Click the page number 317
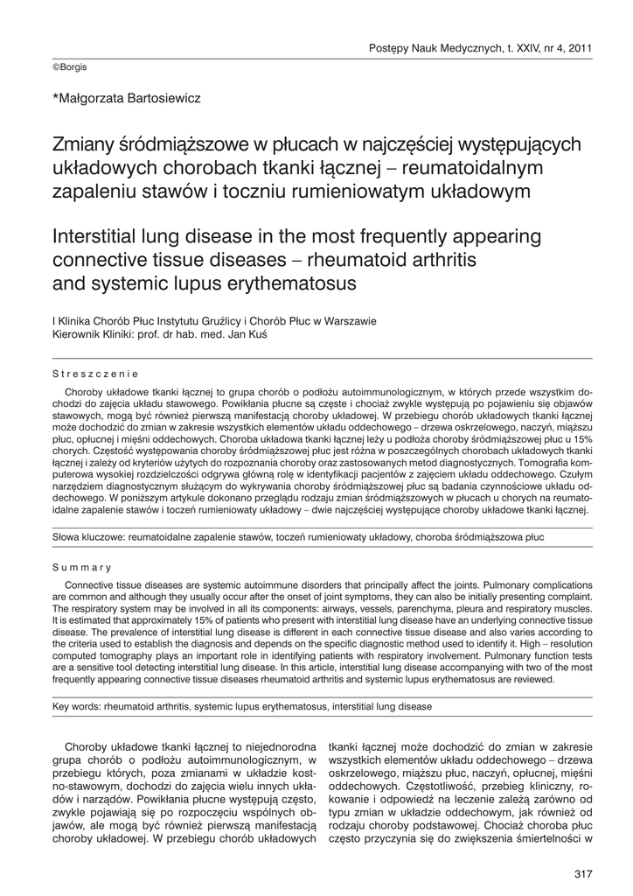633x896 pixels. pos(583,874)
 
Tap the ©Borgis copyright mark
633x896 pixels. pos(70,66)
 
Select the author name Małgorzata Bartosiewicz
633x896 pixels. pos(128,98)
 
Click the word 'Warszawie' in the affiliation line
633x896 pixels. pos(350,321)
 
